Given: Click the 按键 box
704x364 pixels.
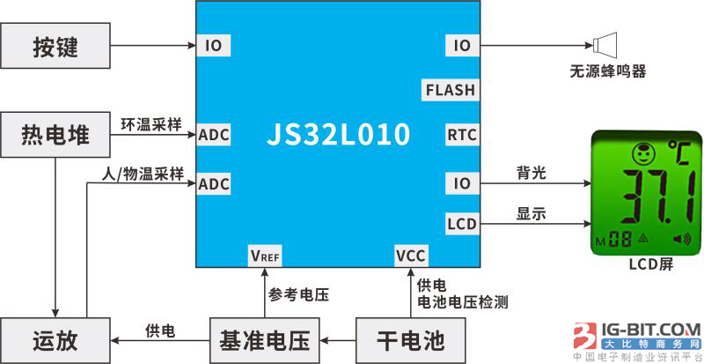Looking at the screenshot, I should click(55, 45).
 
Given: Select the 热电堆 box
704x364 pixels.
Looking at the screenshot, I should click(55, 135).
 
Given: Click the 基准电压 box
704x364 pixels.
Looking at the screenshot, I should click(264, 339).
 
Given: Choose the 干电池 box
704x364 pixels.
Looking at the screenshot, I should click(410, 339).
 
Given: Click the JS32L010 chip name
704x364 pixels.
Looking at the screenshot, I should click(338, 135).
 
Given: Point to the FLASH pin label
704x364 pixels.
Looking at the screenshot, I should click(450, 90).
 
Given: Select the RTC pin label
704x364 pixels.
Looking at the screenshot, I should click(462, 135).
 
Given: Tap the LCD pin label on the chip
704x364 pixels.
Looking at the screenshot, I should click(461, 224).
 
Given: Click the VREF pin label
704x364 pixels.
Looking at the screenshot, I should click(265, 256).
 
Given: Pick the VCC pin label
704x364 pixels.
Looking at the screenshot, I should click(410, 256).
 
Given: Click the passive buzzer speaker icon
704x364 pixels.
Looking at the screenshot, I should click(606, 44).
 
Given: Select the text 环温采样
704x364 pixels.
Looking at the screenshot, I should click(150, 123).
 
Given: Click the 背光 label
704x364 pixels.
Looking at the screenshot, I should click(532, 173).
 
